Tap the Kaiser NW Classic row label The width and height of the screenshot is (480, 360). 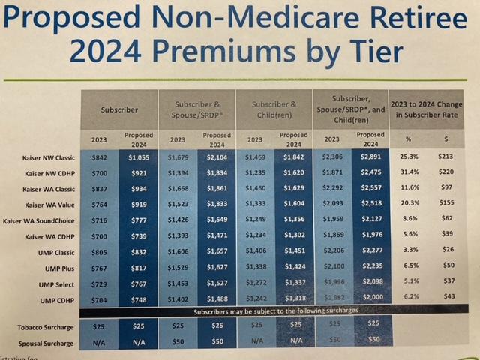(46, 158)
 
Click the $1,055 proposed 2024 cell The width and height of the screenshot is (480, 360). (139, 157)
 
